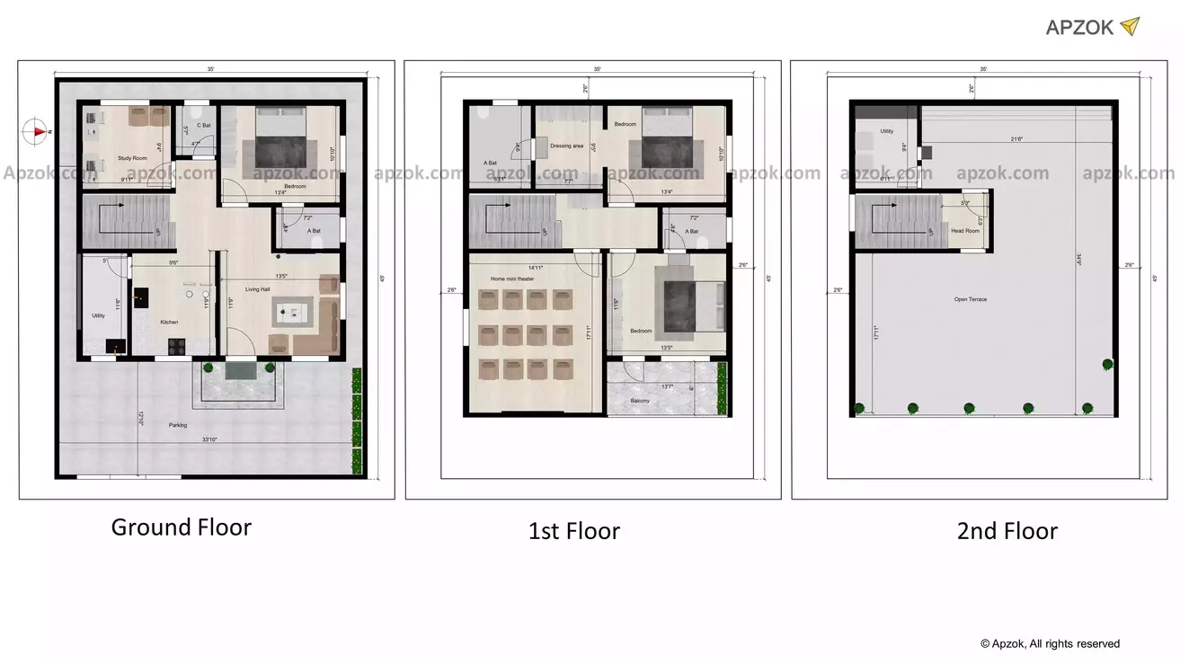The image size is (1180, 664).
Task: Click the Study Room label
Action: pyautogui.click(x=133, y=158)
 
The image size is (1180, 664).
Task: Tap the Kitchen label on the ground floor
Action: pyautogui.click(x=169, y=322)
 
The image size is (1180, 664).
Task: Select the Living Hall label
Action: pyautogui.click(x=259, y=289)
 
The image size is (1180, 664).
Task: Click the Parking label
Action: pyautogui.click(x=178, y=425)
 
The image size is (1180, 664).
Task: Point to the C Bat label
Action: pyautogui.click(x=204, y=126)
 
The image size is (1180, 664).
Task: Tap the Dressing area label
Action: pyautogui.click(x=566, y=146)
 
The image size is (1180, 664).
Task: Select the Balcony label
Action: pyautogui.click(x=640, y=400)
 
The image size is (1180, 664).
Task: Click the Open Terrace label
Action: pyautogui.click(x=971, y=299)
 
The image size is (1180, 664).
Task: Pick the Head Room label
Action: pyautogui.click(x=965, y=231)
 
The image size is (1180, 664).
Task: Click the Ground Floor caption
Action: pyautogui.click(x=182, y=527)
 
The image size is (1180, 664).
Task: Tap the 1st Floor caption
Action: pyautogui.click(x=574, y=531)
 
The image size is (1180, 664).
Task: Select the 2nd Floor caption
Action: pyautogui.click(x=1007, y=531)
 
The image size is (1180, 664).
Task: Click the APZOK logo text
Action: pyautogui.click(x=1079, y=27)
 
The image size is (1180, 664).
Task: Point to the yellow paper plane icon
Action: pyautogui.click(x=1130, y=26)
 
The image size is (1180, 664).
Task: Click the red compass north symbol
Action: pyautogui.click(x=39, y=131)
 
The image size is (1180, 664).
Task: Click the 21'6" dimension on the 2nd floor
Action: pyautogui.click(x=1018, y=139)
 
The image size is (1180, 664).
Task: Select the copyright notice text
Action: pyautogui.click(x=1050, y=643)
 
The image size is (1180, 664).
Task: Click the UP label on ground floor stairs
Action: pyautogui.click(x=159, y=232)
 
